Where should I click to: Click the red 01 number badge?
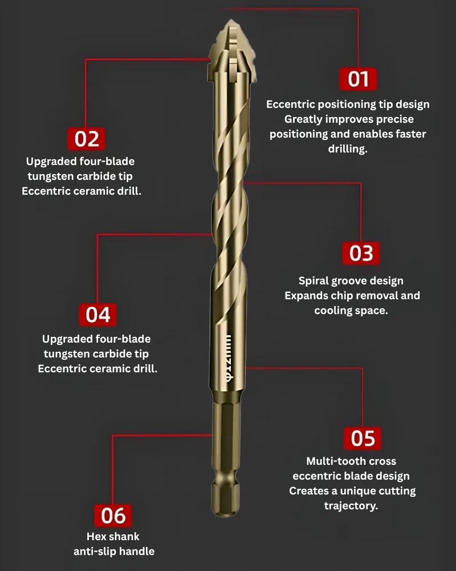pos(358,79)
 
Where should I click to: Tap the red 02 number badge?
pos(87,139)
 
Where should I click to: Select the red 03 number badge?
pos(361,253)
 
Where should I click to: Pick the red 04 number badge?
pos(97,315)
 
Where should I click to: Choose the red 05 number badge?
pos(363,438)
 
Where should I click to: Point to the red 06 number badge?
pos(113,516)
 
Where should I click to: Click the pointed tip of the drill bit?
pos(230,21)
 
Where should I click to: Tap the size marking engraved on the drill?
pos(229,357)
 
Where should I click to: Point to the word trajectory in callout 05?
pos(351,506)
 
